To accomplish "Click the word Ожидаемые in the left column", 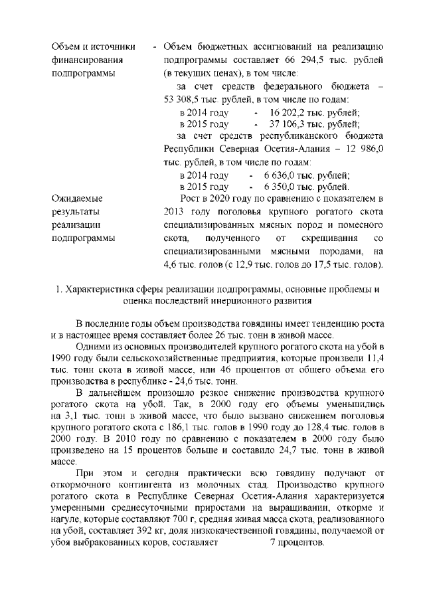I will pos(77,199).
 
